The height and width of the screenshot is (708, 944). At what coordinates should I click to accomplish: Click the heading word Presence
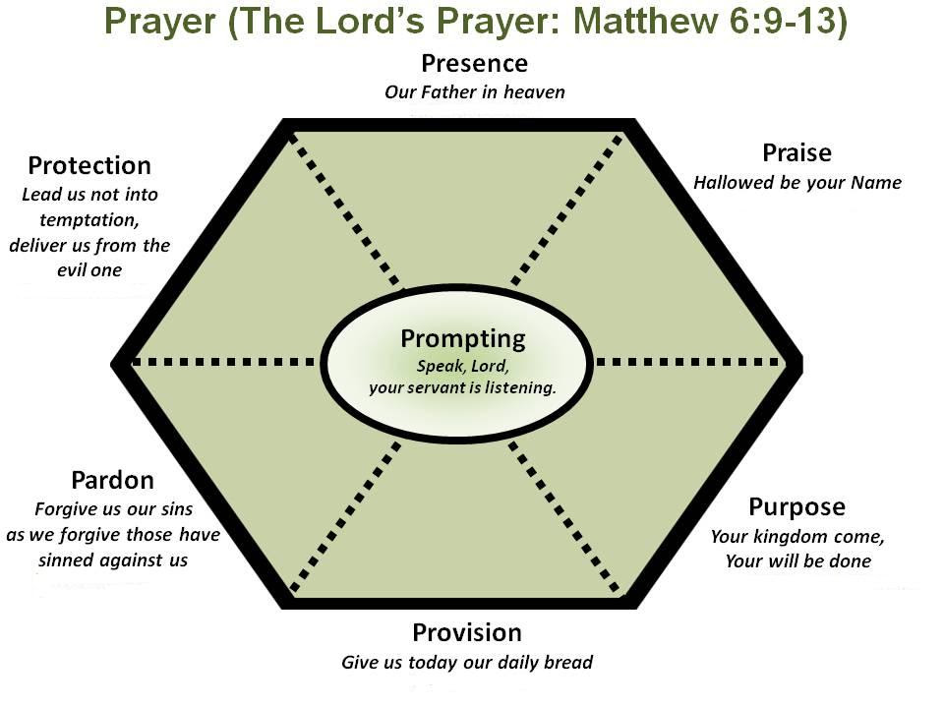coord(474,64)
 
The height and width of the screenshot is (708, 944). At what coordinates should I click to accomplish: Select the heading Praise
coord(796,152)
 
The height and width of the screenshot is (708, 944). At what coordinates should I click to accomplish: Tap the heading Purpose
coord(796,506)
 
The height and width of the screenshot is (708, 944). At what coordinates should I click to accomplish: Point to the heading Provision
coord(467,632)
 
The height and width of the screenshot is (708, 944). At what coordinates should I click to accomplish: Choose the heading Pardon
coord(112,480)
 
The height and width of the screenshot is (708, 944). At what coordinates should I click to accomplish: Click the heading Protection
coord(89,165)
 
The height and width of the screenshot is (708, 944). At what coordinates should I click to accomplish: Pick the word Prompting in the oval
coord(462,339)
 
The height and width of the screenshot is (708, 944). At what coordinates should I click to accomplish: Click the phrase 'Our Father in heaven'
coord(474,92)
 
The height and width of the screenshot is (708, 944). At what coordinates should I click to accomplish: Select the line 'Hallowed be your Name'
coord(796,182)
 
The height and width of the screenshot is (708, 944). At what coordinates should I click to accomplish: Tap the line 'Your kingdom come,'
coord(797,537)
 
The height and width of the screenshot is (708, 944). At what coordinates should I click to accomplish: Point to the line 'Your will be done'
coord(797,561)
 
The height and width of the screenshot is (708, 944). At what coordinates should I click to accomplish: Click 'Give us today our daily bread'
coord(467,662)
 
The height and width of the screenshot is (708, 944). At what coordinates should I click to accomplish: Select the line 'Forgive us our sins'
coord(113,509)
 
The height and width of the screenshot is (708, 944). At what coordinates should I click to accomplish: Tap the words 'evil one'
coord(89,269)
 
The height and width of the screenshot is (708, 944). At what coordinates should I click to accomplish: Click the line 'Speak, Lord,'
coord(462,366)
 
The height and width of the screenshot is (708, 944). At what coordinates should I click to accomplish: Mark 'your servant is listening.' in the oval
coord(462,387)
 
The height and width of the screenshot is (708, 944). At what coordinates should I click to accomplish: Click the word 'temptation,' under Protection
coord(89,219)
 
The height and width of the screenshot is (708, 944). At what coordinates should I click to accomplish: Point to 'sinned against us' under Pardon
coord(113,560)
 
